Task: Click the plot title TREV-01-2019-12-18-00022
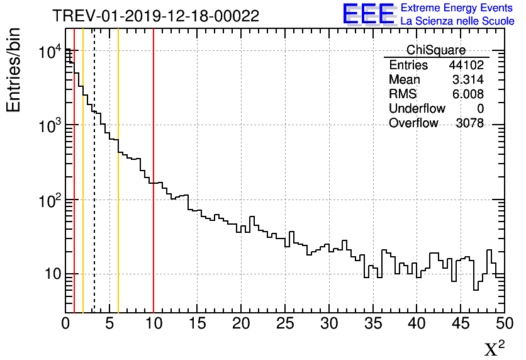point(155,16)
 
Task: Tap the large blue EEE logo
point(369,14)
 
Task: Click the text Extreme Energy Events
point(457,8)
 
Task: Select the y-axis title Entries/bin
point(14,70)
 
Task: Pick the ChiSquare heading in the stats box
point(435,50)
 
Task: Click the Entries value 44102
point(466,65)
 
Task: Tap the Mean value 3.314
point(467,80)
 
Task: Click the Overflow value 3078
point(469,123)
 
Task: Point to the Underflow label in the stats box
point(417,109)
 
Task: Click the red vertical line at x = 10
point(154,189)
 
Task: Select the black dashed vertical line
point(94,189)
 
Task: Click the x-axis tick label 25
point(285,323)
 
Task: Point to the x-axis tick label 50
point(503,323)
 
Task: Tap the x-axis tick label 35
point(372,323)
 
